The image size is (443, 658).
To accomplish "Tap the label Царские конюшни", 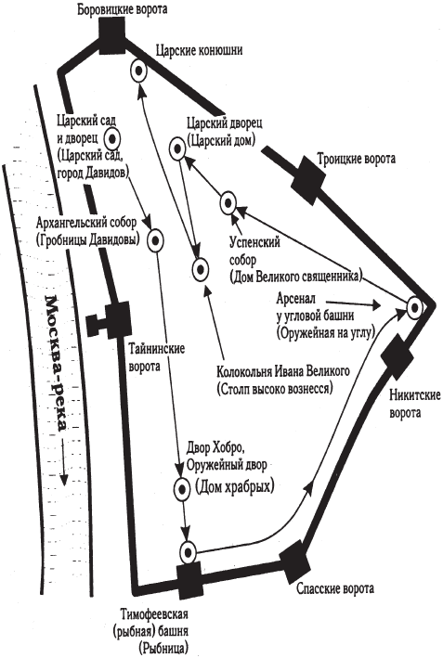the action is click(199, 51).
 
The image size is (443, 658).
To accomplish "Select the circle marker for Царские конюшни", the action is click(138, 71).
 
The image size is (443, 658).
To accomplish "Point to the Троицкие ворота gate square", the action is click(308, 175).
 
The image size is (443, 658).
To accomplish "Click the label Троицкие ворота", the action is click(356, 159).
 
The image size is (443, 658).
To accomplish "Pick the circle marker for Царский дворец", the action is click(178, 148).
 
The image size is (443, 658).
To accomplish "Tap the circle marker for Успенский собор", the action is click(228, 203).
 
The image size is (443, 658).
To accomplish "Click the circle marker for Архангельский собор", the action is click(156, 241).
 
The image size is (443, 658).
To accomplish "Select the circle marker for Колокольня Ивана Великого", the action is click(200, 269).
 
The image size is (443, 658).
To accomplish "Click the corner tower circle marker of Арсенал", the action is click(414, 308).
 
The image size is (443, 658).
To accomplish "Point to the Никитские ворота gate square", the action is click(397, 357).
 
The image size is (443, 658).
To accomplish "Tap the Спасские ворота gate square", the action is click(295, 562).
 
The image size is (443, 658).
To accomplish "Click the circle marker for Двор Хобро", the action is click(183, 488).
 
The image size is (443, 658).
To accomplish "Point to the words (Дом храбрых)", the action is click(235, 487).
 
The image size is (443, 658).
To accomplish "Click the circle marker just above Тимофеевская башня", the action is click(188, 552).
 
